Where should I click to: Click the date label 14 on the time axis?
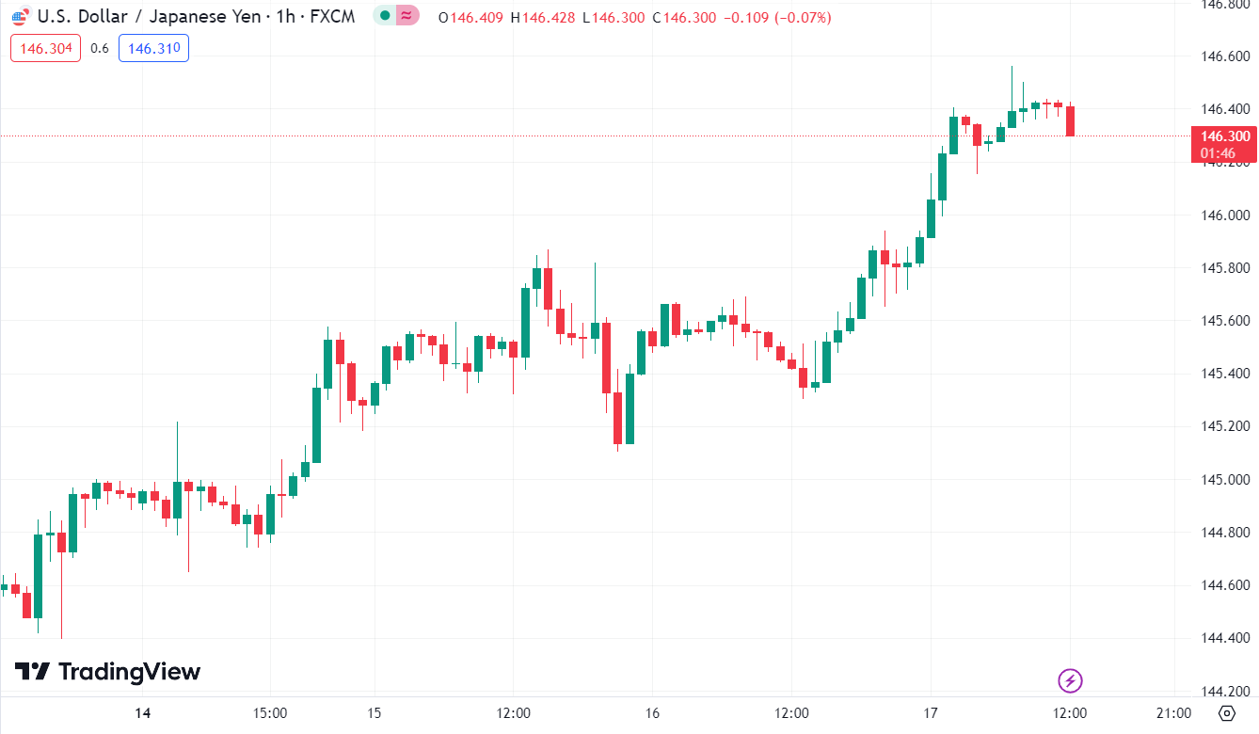(x=142, y=712)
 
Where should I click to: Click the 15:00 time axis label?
(x=270, y=712)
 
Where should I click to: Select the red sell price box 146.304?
(x=45, y=49)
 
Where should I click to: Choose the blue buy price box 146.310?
(x=153, y=49)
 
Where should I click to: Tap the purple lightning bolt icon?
(x=1070, y=679)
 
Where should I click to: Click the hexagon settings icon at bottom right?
(x=1227, y=712)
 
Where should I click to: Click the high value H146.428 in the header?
(x=542, y=18)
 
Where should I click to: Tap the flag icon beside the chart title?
(x=20, y=17)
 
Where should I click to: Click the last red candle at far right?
(x=1071, y=121)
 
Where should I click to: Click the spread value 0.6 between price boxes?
(x=99, y=49)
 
